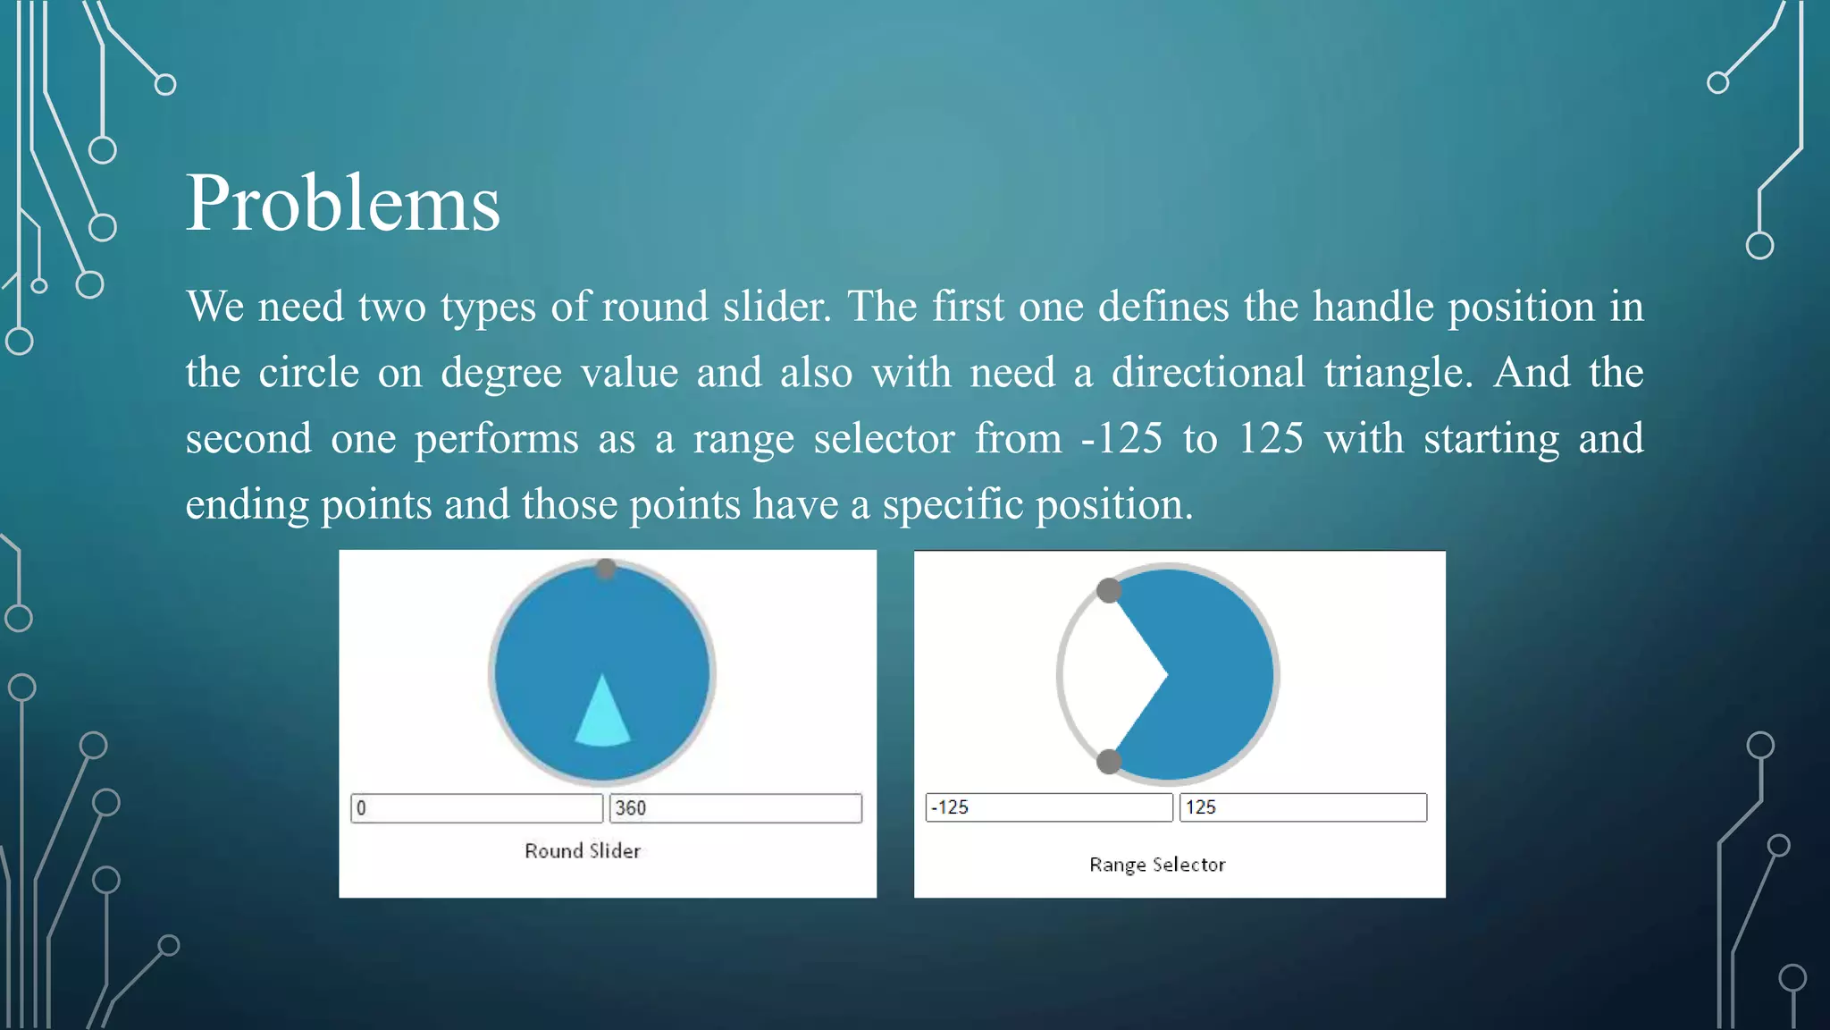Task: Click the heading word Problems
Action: (342, 204)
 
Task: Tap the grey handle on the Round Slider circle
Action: (606, 569)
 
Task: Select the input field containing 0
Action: (476, 808)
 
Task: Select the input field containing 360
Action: (735, 808)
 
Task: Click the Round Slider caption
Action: (583, 851)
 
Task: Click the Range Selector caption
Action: (1157, 865)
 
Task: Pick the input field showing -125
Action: (1048, 807)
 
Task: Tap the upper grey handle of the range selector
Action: (1109, 590)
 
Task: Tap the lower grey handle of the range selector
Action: (1109, 762)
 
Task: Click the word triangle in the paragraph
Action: (1398, 373)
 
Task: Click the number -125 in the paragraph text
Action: (1121, 439)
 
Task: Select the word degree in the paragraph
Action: (500, 373)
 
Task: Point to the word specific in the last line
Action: (952, 505)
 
